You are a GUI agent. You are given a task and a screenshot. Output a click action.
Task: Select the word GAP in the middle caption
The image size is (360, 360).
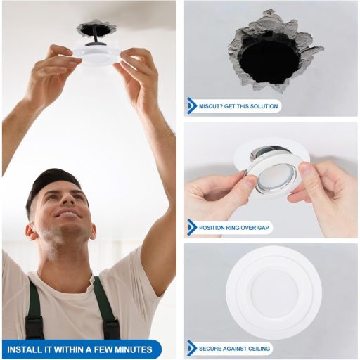click(x=264, y=227)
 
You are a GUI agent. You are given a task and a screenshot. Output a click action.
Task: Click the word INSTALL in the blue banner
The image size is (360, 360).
click(x=24, y=349)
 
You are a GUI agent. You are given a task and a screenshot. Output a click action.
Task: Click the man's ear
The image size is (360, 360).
click(x=31, y=231)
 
